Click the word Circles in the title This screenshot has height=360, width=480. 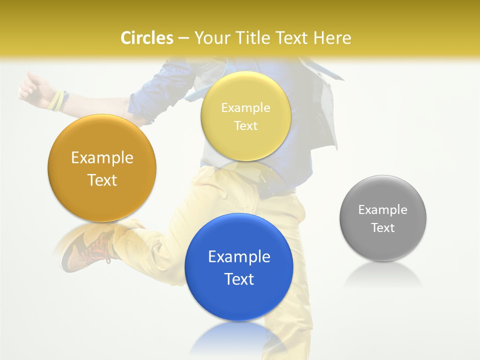pyautogui.click(x=146, y=38)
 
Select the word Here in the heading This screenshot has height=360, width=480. pyautogui.click(x=332, y=38)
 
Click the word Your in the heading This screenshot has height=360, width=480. pyautogui.click(x=211, y=38)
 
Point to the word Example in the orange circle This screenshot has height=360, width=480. pyautogui.click(x=102, y=158)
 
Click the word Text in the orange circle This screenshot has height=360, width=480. pyautogui.click(x=102, y=180)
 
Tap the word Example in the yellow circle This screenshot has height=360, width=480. pyautogui.click(x=245, y=108)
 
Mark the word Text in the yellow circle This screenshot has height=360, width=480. pyautogui.click(x=245, y=125)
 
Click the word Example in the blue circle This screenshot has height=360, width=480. pyautogui.click(x=239, y=257)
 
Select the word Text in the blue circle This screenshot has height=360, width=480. pyautogui.click(x=239, y=279)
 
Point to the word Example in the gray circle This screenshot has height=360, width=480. pyautogui.click(x=383, y=210)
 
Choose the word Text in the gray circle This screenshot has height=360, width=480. pyautogui.click(x=383, y=228)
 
